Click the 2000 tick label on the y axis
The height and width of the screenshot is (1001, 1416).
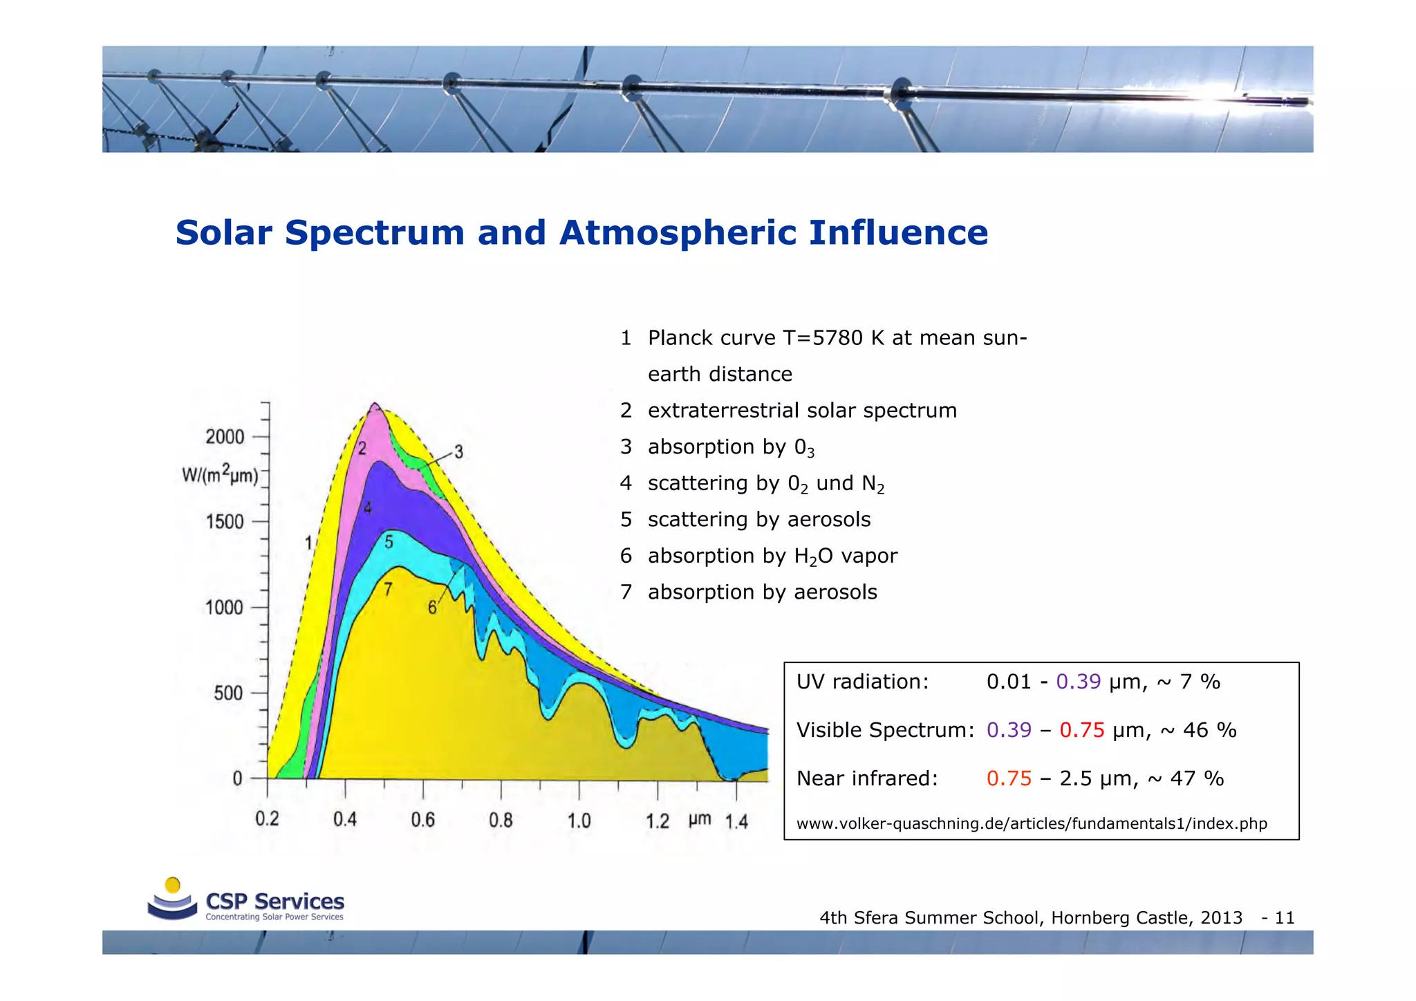tap(225, 437)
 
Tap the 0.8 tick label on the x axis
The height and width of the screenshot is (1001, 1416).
tap(501, 821)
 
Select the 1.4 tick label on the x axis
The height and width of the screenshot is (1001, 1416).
tap(736, 822)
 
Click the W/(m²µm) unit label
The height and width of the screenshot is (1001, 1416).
tap(220, 476)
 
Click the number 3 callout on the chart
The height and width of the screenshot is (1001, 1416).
tap(458, 453)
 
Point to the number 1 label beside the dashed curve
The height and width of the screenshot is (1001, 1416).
tap(309, 543)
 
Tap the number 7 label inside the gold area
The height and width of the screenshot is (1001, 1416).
tap(388, 590)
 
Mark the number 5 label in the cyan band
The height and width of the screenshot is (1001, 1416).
tap(389, 542)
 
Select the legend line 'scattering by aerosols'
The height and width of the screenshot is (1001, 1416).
tap(758, 520)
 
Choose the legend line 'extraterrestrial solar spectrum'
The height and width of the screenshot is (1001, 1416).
tap(801, 411)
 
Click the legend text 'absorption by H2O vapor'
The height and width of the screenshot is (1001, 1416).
tap(772, 556)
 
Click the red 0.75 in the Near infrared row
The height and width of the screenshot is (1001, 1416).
tap(1009, 779)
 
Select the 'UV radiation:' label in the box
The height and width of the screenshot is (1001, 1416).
tap(862, 682)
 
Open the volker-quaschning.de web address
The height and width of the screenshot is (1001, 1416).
tap(1031, 824)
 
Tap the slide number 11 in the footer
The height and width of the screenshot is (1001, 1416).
tap(1284, 918)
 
